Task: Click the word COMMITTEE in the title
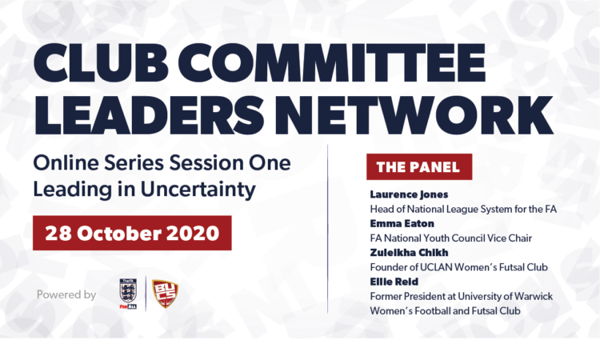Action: point(337,63)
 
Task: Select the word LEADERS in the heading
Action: point(149,114)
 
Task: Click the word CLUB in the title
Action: point(101,63)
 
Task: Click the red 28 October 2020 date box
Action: point(132,233)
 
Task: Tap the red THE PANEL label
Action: point(419,167)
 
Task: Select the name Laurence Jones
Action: point(409,194)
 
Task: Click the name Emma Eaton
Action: point(402,223)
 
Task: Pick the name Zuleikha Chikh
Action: point(409,253)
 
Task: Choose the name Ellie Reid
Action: point(394,282)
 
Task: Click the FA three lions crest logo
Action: point(128,294)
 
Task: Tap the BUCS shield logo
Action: point(165,294)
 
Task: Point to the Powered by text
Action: point(66,294)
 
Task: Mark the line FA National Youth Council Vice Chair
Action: point(450,238)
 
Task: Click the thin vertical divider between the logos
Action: point(146,294)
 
